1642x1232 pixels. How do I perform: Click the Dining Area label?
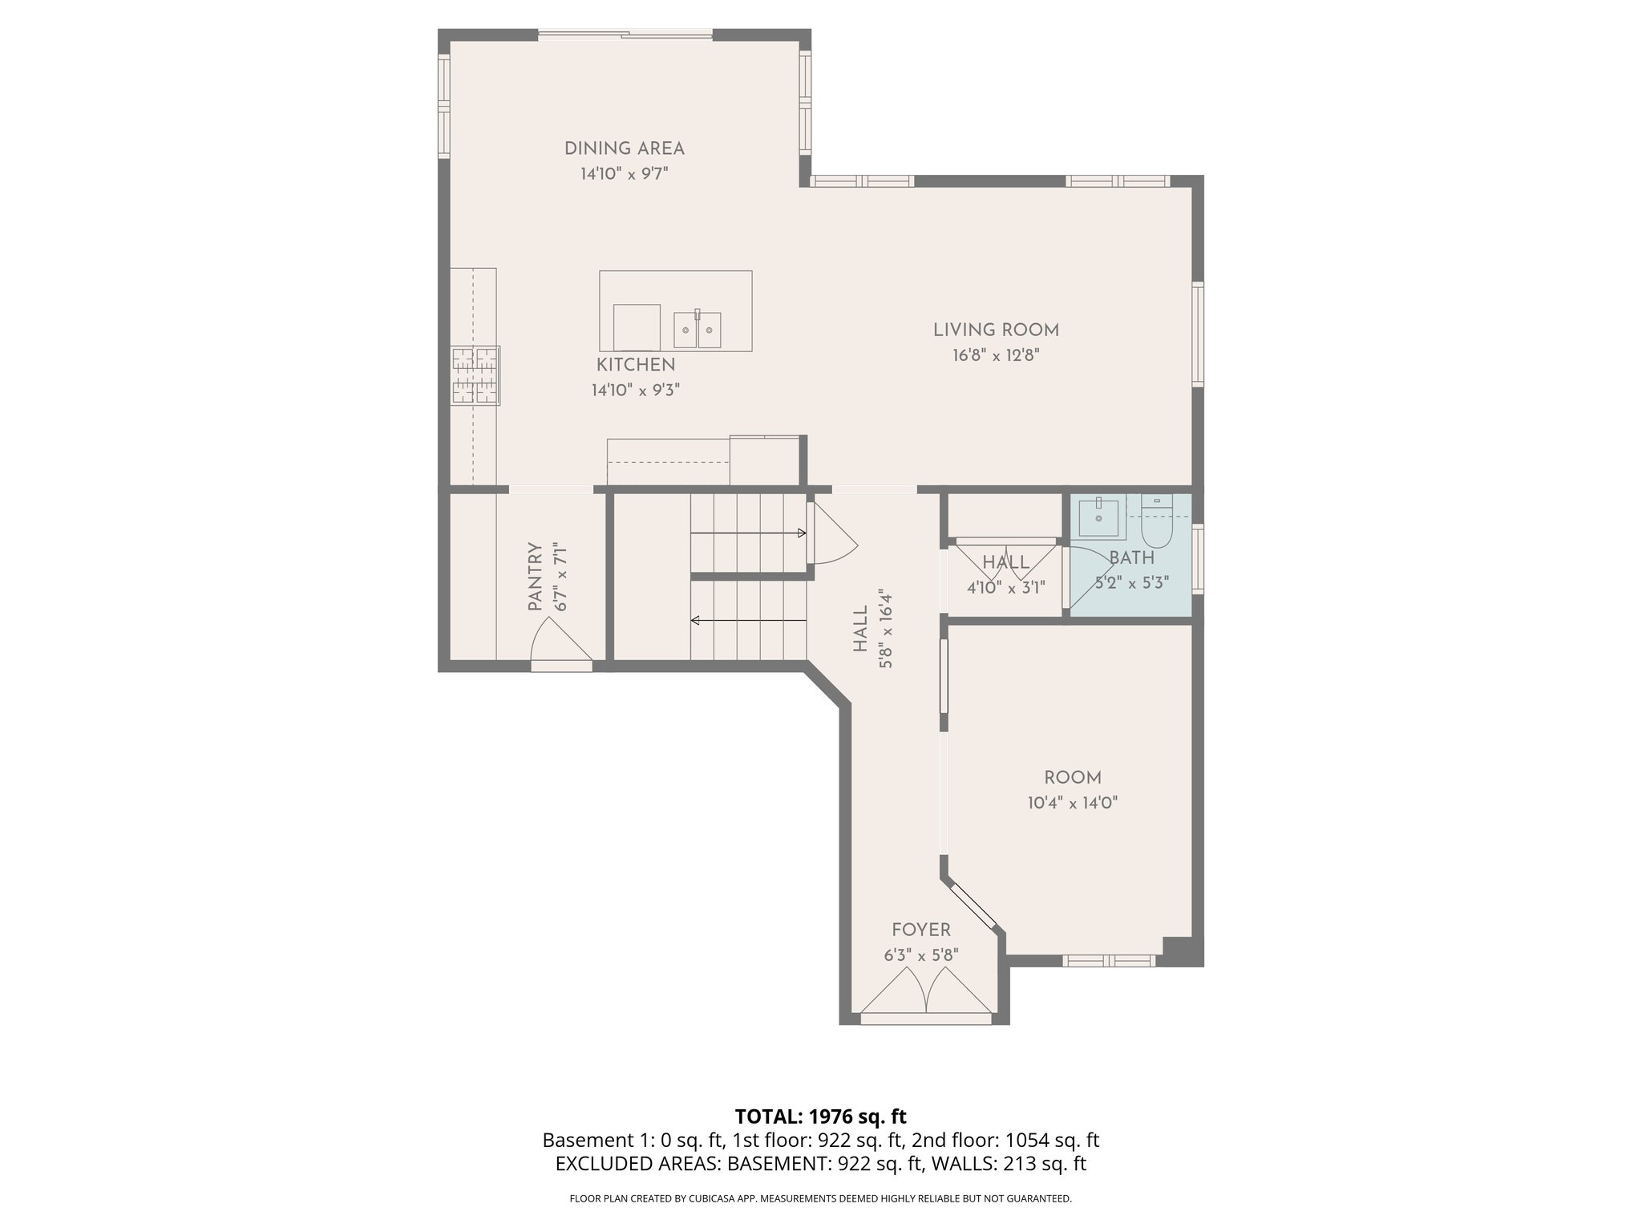point(624,148)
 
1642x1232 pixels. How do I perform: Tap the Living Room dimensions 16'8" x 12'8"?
point(995,355)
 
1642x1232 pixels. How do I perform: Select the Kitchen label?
point(635,365)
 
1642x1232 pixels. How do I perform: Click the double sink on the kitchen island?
point(697,330)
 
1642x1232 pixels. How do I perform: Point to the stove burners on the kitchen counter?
point(475,375)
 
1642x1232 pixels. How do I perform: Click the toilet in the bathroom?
point(1156,524)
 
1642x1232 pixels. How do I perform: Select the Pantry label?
point(536,577)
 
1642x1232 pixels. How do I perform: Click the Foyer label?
point(920,930)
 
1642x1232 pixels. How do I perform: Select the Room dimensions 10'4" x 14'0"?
point(1072,803)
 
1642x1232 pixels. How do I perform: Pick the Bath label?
point(1131,557)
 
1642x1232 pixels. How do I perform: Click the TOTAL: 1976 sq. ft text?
point(820,1116)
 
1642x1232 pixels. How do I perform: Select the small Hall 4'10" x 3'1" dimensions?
point(1005,587)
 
